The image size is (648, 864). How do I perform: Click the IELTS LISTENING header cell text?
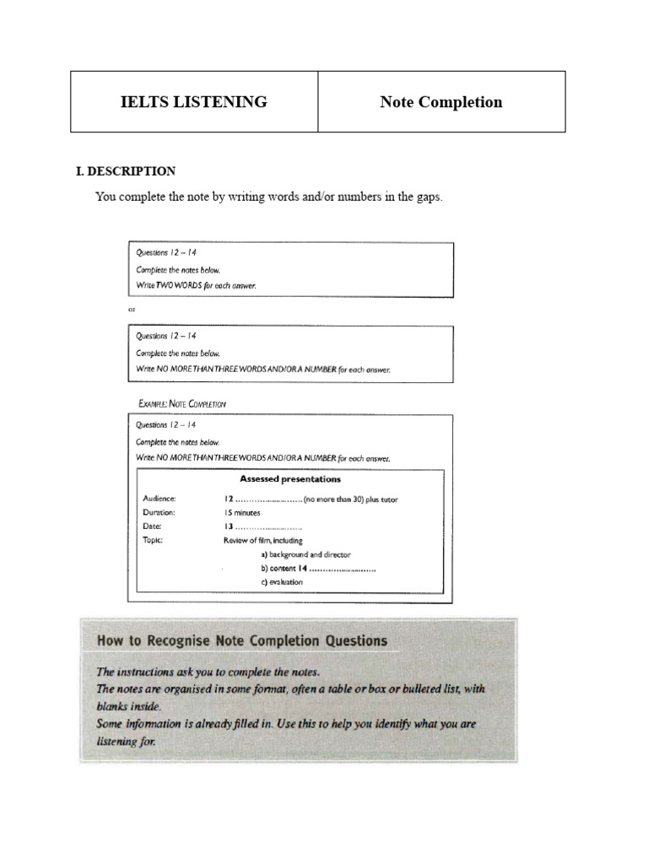point(194,102)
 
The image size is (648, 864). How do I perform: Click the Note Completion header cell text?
point(440,102)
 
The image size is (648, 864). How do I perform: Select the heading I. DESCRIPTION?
point(126,171)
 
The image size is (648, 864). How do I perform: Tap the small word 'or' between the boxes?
point(131,310)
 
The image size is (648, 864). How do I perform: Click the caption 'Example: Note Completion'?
point(181,403)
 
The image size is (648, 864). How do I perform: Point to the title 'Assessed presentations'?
point(290,479)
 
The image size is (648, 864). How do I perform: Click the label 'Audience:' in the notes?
point(159,499)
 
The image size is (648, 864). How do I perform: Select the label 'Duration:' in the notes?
point(159,512)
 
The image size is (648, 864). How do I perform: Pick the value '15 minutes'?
point(242,512)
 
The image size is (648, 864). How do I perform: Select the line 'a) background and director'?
point(305,554)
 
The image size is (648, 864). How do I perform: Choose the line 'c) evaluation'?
point(282,582)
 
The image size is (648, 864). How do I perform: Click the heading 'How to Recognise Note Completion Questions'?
point(242,640)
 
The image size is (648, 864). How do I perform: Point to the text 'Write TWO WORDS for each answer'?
point(196,285)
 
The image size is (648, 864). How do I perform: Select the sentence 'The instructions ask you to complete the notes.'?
point(208,672)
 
